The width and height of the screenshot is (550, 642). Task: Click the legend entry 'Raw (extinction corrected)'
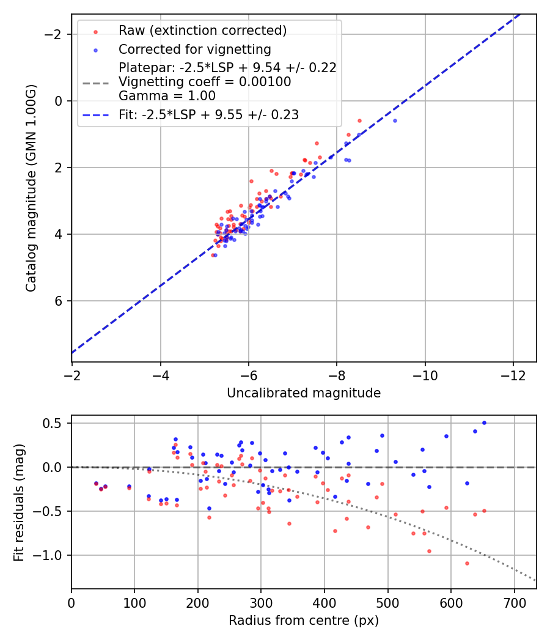point(202,31)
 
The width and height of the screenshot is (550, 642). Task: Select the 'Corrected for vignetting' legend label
point(194,49)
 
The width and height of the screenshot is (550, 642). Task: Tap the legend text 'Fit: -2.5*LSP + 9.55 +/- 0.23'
point(208,115)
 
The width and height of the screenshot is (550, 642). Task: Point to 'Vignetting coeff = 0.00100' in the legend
point(205,82)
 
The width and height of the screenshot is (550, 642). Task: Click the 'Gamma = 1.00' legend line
point(167,96)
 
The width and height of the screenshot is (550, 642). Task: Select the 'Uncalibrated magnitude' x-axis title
point(304,393)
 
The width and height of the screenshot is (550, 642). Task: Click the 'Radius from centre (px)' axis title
point(304,621)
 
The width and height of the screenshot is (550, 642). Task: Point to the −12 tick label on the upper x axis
point(513,374)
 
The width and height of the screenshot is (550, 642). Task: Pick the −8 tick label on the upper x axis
point(337,374)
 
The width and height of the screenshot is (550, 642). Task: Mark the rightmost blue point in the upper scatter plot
point(395,120)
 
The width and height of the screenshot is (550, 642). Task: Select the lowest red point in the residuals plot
point(467,563)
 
